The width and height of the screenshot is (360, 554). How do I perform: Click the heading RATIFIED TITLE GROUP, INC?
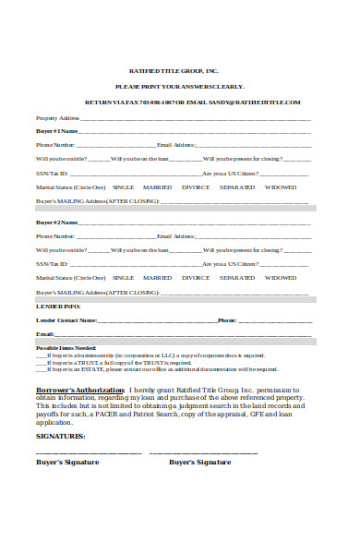tap(179, 70)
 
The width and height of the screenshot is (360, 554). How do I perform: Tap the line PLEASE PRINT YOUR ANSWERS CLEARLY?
tap(179, 86)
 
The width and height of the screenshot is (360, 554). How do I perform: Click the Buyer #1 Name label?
tap(56, 131)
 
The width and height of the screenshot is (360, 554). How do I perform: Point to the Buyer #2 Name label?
tap(56, 223)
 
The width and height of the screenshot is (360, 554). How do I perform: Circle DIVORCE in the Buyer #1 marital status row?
tap(195, 187)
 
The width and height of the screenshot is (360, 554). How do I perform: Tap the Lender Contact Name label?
tap(66, 319)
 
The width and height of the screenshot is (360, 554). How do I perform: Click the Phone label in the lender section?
tap(227, 319)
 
